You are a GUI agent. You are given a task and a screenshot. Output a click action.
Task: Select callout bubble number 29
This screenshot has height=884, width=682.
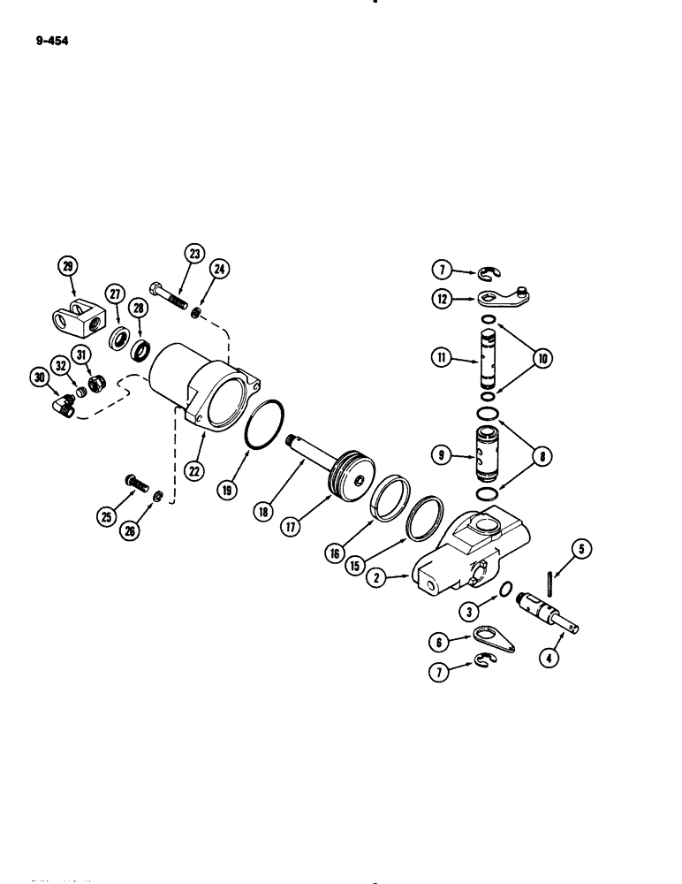[66, 264]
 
